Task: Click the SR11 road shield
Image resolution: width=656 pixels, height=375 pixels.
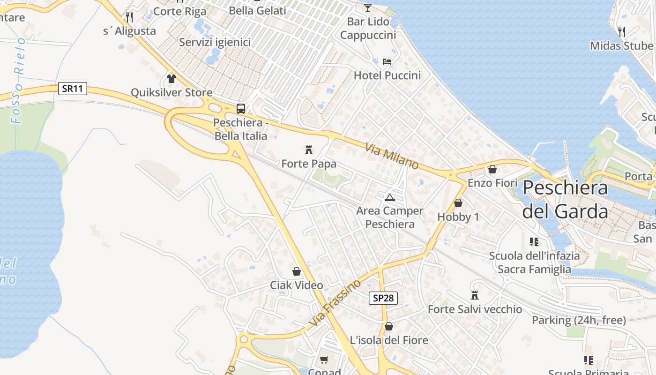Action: point(73,89)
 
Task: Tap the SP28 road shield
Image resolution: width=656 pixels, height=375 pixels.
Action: point(383,298)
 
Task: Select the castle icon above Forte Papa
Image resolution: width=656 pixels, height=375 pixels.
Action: point(309,150)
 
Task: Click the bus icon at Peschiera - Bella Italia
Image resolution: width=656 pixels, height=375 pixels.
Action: point(241,109)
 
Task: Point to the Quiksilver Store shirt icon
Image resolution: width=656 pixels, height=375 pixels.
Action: point(171,78)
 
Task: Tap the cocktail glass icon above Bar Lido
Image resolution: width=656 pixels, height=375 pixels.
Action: point(368,7)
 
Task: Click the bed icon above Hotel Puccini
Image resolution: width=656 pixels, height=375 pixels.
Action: point(387,61)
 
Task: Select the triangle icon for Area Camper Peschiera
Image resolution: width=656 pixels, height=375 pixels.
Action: point(389,197)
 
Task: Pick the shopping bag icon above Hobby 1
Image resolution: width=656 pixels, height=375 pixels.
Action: point(458,203)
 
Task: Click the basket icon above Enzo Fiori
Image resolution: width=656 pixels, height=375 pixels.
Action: point(492,169)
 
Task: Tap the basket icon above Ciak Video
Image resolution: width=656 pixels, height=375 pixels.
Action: point(297,271)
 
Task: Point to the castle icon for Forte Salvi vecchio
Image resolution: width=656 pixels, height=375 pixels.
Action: point(475,295)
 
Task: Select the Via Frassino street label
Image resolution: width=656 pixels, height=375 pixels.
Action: point(335,304)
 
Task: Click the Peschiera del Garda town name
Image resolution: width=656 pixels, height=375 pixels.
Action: point(565,200)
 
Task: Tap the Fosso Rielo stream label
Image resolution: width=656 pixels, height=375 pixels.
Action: point(19,81)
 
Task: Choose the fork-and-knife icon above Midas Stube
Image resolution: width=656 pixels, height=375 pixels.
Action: point(622,32)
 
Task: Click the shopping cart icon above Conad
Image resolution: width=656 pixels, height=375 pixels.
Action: point(324,360)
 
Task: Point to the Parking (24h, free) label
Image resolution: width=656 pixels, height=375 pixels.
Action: point(579,320)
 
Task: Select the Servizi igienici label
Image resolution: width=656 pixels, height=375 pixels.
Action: point(215,42)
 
